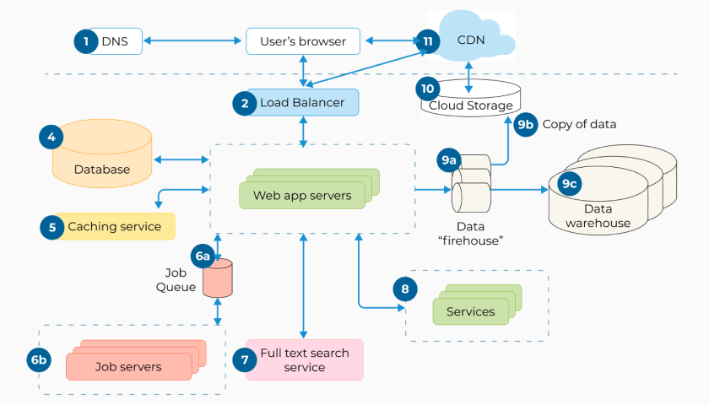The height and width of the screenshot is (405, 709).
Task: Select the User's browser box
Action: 302,40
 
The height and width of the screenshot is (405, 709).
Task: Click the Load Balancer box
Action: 301,103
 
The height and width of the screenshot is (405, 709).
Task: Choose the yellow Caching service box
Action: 114,226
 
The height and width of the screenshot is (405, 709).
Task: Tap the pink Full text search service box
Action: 304,359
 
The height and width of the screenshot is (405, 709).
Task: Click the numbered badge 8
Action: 405,289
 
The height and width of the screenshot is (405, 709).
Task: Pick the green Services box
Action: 470,311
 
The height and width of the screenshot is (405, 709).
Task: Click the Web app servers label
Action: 302,196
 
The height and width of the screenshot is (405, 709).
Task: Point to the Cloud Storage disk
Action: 470,100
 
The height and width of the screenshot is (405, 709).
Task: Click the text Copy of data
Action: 579,124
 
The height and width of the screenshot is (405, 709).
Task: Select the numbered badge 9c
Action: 571,181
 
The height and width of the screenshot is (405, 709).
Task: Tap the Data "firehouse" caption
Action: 470,233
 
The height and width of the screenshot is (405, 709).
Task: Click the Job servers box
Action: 128,366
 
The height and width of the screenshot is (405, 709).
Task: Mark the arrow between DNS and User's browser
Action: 193,40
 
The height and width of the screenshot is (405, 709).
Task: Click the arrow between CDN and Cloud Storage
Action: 470,72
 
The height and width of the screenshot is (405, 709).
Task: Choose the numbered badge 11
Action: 428,40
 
